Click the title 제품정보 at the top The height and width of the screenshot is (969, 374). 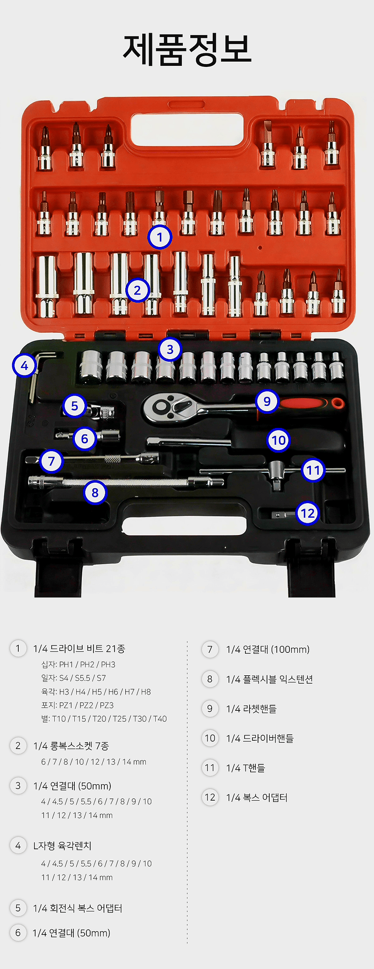click(187, 50)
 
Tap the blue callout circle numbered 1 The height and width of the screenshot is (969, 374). click(160, 237)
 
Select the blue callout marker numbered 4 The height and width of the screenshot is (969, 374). click(24, 365)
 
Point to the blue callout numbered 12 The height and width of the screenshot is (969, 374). click(308, 513)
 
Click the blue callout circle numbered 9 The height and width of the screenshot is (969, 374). click(267, 401)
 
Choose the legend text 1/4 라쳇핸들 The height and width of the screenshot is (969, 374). click(251, 709)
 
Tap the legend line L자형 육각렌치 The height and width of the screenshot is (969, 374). click(62, 846)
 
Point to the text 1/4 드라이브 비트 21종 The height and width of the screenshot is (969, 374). click(79, 649)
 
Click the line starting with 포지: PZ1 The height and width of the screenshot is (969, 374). click(77, 705)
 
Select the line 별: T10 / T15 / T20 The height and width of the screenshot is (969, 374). click(104, 719)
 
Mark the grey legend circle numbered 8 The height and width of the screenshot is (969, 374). click(210, 679)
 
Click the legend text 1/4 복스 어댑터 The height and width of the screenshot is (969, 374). click(257, 797)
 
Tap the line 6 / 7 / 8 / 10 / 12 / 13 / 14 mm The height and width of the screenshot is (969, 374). click(93, 762)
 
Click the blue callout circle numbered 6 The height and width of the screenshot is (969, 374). click(85, 439)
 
